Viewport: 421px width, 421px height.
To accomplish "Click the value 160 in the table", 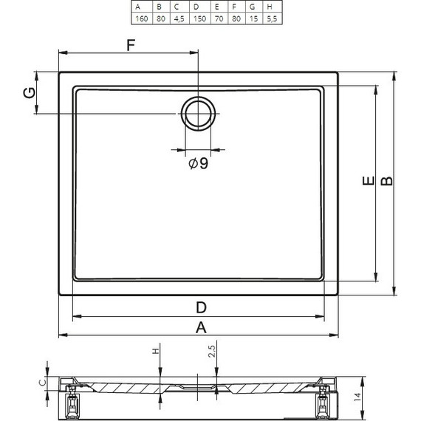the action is [142, 18].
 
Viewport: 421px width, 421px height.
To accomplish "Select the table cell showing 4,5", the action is [179, 18].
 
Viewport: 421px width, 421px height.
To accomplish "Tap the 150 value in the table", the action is [199, 18].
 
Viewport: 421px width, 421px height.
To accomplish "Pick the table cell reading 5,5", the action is [272, 18].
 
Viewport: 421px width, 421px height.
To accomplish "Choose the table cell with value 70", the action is [219, 18].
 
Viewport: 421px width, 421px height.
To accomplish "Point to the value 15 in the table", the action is [253, 18].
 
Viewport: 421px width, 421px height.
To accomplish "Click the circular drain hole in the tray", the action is [198, 114].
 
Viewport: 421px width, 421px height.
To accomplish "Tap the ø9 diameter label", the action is [198, 163].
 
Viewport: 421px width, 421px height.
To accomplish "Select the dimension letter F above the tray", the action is [131, 45].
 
